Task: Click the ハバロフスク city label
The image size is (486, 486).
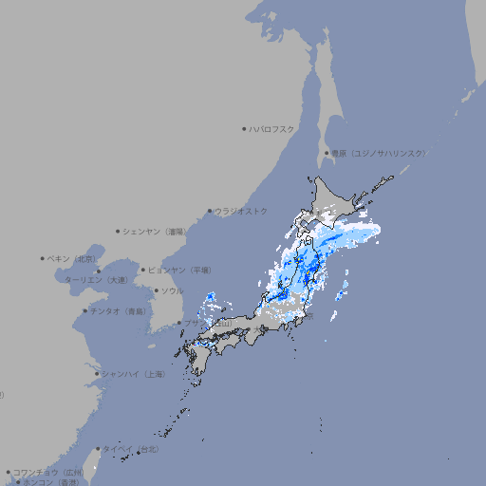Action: pyautogui.click(x=272, y=128)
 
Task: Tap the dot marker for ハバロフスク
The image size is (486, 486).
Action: pyautogui.click(x=244, y=128)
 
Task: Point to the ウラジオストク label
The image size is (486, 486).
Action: pyautogui.click(x=241, y=211)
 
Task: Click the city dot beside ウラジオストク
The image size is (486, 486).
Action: pyautogui.click(x=210, y=211)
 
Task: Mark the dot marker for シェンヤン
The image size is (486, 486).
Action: pyautogui.click(x=118, y=231)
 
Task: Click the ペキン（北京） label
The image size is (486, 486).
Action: pyautogui.click(x=72, y=258)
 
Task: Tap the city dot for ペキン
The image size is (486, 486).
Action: pyautogui.click(x=42, y=258)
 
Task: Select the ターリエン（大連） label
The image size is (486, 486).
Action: pyautogui.click(x=96, y=280)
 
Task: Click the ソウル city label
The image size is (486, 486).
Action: pyautogui.click(x=172, y=290)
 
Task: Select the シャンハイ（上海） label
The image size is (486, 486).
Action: pyautogui.click(x=134, y=374)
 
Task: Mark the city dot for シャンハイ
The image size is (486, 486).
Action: pyautogui.click(x=97, y=374)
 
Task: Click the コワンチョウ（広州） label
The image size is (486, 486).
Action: pyautogui.click(x=48, y=472)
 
